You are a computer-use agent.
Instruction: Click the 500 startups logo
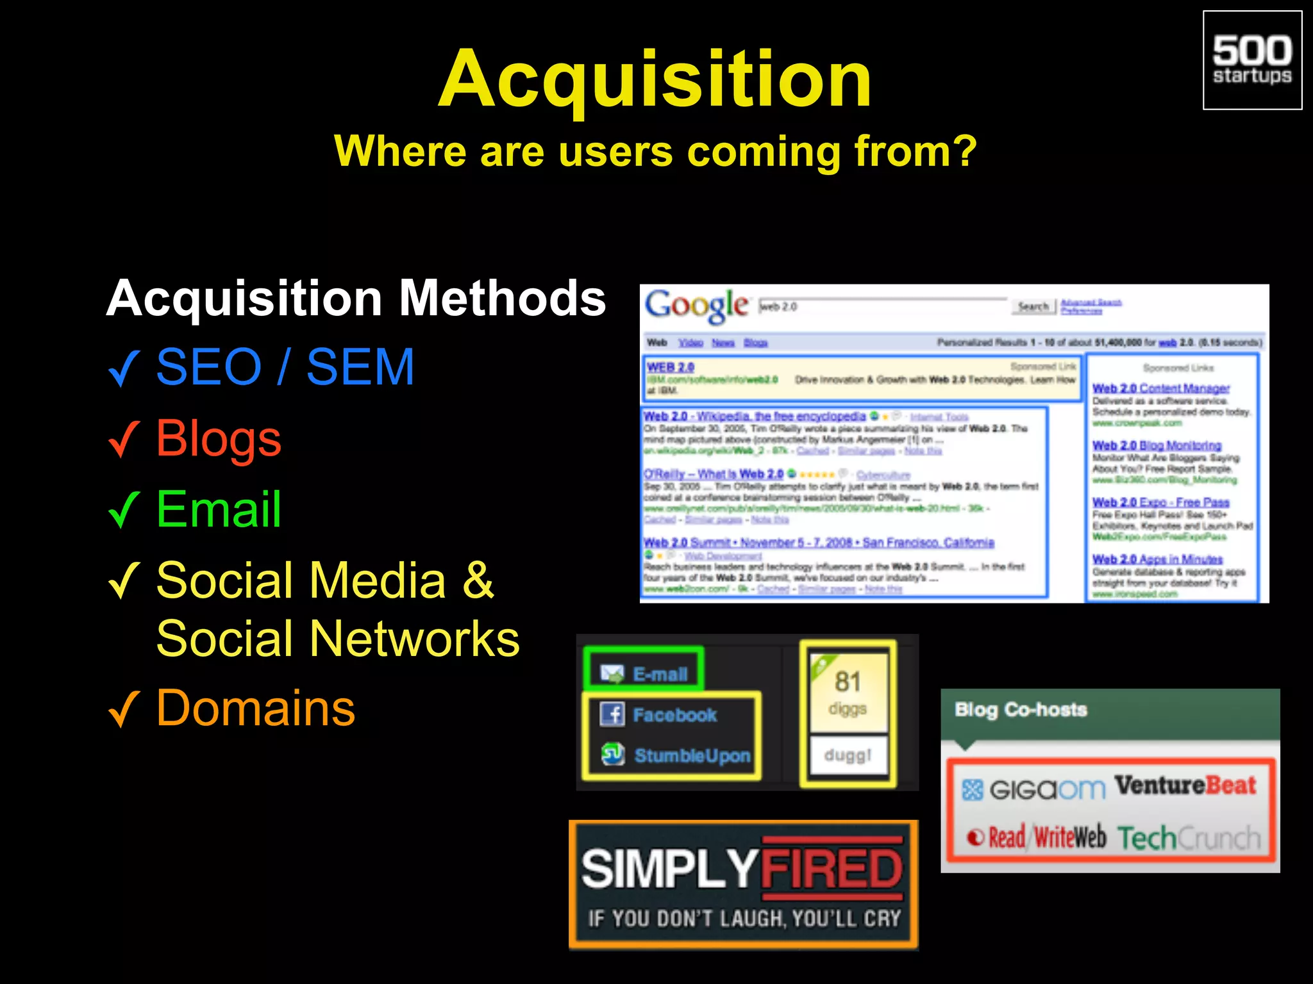coord(1251,60)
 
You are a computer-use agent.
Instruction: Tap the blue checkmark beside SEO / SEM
coord(124,368)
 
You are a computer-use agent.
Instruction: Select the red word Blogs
coord(219,439)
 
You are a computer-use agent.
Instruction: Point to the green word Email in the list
coord(219,509)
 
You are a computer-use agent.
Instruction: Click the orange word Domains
coord(255,709)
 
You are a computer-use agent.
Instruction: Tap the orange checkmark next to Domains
coord(124,710)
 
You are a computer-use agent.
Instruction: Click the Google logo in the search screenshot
coord(696,306)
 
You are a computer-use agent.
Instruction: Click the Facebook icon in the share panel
coord(612,714)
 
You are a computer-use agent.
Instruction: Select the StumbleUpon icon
coord(612,754)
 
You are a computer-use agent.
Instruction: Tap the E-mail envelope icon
coord(612,673)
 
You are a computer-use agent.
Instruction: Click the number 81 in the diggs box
coord(847,682)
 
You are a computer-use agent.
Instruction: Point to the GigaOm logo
coord(1034,789)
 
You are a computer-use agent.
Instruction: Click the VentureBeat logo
coord(1185,785)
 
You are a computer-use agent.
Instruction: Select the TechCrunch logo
coord(1189,837)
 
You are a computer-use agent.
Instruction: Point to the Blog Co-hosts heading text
coord(1021,710)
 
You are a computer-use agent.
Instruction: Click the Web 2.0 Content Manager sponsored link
coord(1160,388)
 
